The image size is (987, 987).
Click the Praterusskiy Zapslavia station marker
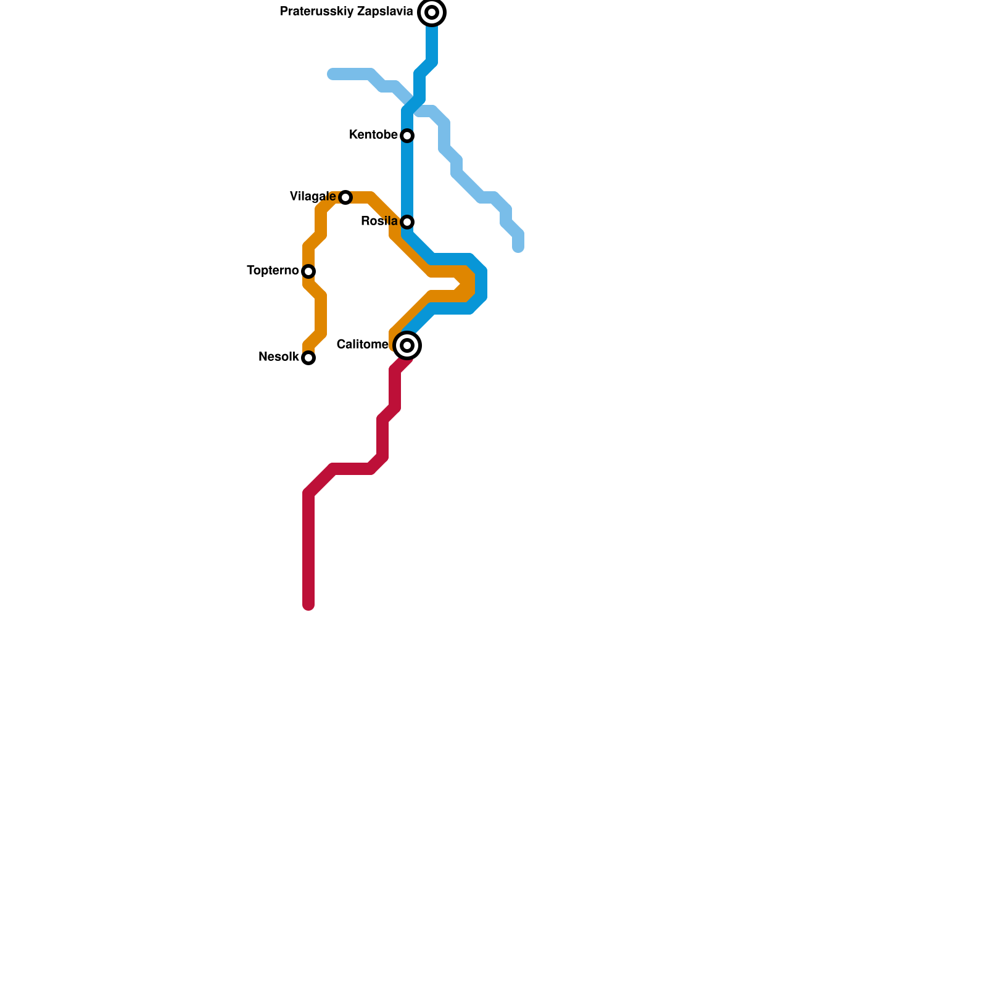[x=432, y=12]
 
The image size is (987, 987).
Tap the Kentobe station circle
[x=407, y=136]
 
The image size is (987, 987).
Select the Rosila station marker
[x=407, y=222]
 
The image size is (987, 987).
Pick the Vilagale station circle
[x=345, y=197]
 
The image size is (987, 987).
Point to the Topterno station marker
[x=308, y=271]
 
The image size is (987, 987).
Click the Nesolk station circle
[x=308, y=358]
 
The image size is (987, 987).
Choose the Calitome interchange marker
[x=407, y=345]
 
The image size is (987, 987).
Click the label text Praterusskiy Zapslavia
[x=346, y=12]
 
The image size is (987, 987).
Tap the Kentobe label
[x=373, y=135]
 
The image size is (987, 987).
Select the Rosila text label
[x=379, y=221]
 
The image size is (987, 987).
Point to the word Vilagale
[x=313, y=197]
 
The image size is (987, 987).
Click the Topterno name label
[x=273, y=271]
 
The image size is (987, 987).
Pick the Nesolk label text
[x=279, y=357]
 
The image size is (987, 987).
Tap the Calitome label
[x=362, y=345]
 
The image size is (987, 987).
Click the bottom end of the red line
[x=308, y=606]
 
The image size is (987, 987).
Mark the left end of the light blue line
[x=332, y=75]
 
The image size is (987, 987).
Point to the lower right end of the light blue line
[x=518, y=249]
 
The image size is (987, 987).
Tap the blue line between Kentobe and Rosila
[x=407, y=179]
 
